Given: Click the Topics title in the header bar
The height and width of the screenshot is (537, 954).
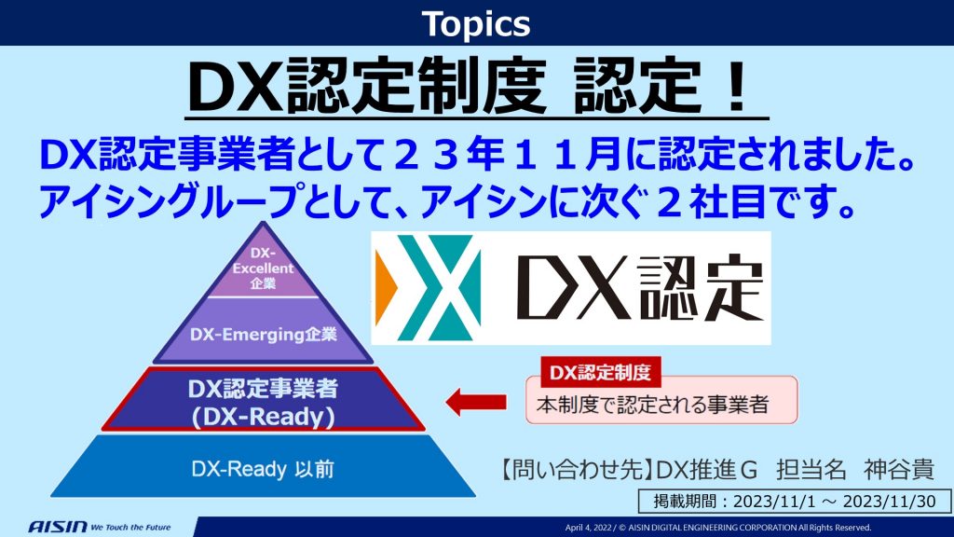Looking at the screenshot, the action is (476, 23).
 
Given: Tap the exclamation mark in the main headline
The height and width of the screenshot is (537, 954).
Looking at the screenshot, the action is (738, 85).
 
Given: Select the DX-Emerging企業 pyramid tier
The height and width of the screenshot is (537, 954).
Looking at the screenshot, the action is (263, 332).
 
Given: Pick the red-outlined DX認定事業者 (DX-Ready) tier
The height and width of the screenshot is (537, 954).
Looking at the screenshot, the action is (263, 399).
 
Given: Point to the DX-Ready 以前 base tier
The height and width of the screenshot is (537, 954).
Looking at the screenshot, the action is (263, 467).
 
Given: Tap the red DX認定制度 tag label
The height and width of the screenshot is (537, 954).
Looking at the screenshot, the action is (601, 372).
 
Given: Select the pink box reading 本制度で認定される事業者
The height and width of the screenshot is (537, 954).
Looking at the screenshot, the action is (661, 401).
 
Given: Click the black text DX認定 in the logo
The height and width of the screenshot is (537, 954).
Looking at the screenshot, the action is (640, 287).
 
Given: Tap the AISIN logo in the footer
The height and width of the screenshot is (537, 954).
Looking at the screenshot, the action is (58, 526).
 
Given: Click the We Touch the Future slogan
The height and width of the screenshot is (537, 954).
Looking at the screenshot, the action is (130, 528).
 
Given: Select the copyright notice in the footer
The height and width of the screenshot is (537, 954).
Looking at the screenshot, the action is (718, 528).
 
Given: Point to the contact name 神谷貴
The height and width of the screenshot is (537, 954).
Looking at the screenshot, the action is (899, 470).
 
